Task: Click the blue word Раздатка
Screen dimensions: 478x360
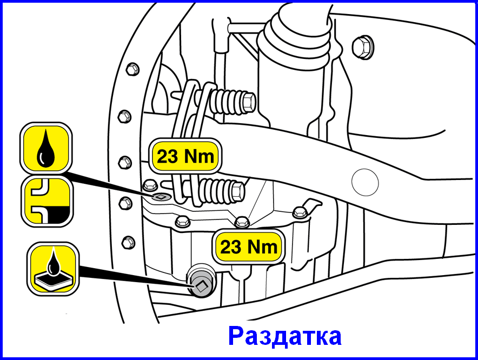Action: (x=285, y=336)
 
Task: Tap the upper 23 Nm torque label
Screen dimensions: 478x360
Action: (x=185, y=156)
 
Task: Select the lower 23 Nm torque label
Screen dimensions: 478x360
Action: (x=248, y=246)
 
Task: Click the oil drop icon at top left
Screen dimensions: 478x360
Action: (x=46, y=148)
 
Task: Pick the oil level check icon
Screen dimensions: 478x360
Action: (x=47, y=201)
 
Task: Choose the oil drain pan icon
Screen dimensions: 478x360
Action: (x=53, y=269)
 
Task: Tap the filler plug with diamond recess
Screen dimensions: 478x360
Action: (x=161, y=197)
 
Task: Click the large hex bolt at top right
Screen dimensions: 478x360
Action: (x=363, y=48)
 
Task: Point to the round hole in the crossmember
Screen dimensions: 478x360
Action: (x=365, y=182)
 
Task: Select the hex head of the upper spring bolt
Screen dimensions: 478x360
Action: (x=249, y=102)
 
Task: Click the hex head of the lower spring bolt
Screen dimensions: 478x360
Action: (x=238, y=191)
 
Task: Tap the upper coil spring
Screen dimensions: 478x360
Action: (x=227, y=101)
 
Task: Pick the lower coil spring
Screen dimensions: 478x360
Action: (x=216, y=191)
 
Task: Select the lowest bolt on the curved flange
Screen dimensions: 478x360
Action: (x=128, y=242)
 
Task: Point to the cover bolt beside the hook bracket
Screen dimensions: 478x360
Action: (x=300, y=212)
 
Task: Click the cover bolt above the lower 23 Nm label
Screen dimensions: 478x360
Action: (x=242, y=222)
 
